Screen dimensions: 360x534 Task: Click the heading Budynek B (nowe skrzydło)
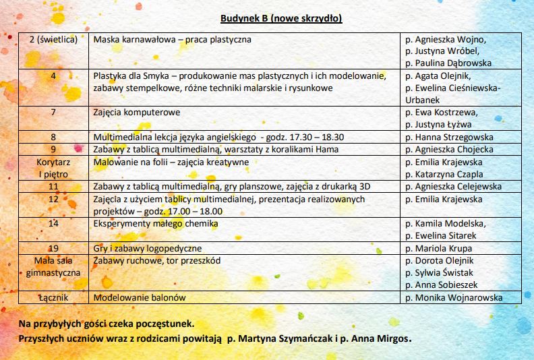(x=280, y=18)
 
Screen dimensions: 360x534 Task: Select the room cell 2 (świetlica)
(x=54, y=39)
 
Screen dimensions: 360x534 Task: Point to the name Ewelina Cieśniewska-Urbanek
(x=453, y=93)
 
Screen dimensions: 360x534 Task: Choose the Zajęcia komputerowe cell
(x=137, y=113)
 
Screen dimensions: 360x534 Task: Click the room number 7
(x=53, y=112)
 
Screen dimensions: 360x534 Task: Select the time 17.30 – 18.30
(x=328, y=137)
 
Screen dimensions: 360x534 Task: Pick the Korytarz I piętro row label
(x=53, y=168)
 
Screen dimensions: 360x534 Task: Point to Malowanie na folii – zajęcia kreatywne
(x=171, y=162)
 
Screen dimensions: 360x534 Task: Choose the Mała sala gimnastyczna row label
(x=53, y=266)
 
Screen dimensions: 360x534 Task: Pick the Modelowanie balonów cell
(x=140, y=297)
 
